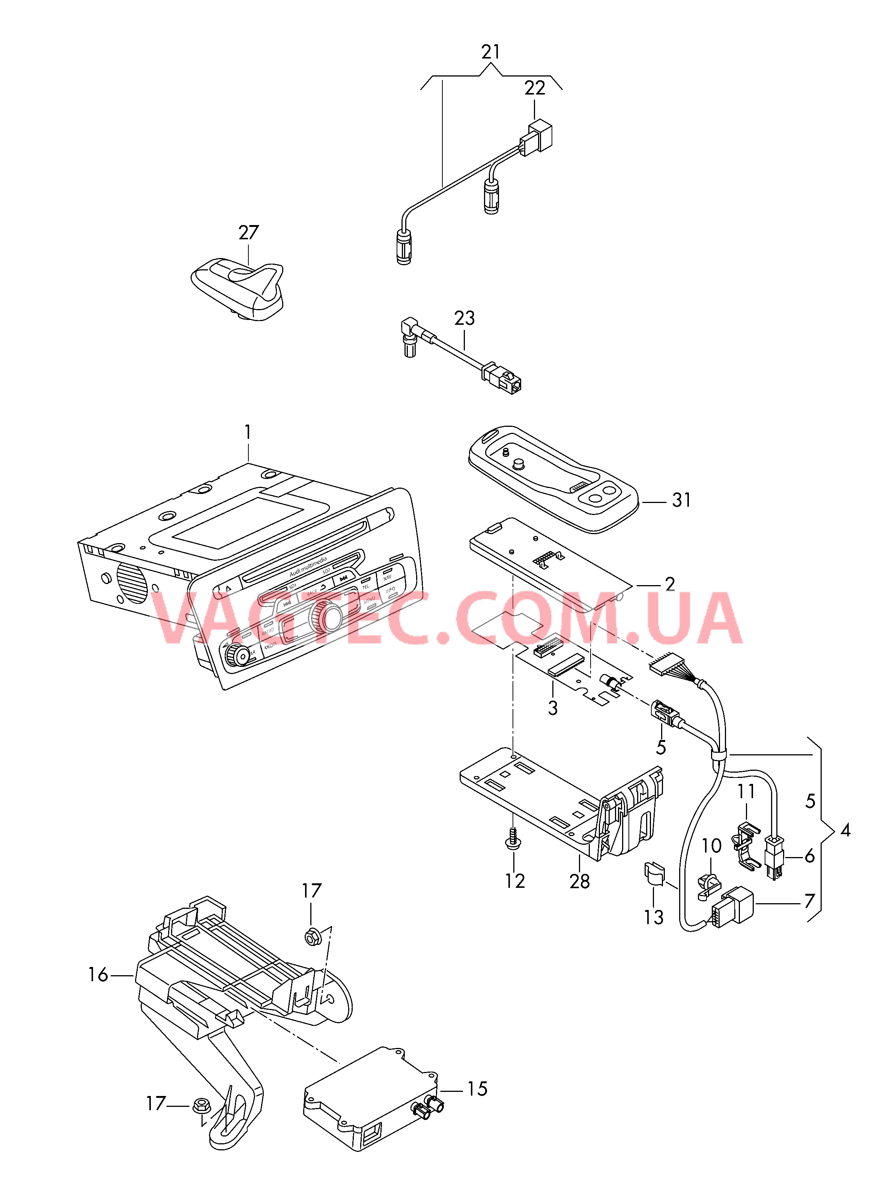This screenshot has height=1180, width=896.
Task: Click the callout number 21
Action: click(490, 52)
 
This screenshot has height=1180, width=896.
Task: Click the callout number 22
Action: click(534, 88)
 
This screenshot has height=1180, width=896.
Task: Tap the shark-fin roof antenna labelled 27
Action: click(238, 288)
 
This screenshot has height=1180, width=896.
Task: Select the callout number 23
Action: click(464, 318)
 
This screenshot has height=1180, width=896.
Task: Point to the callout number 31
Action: click(681, 500)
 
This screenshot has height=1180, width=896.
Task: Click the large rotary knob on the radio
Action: click(326, 617)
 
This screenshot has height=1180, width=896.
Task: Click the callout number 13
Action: click(653, 917)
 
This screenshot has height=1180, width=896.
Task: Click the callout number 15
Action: click(477, 1089)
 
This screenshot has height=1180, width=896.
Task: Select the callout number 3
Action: click(553, 708)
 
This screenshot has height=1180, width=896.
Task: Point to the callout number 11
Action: click(746, 791)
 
